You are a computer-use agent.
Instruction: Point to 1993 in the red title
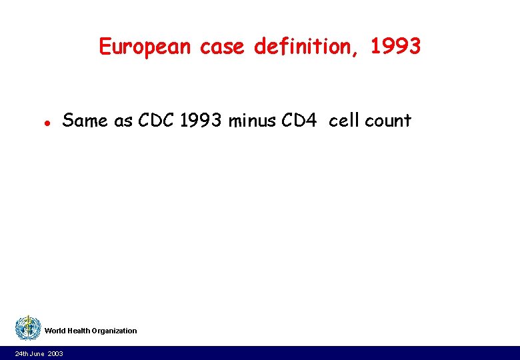pyautogui.click(x=395, y=47)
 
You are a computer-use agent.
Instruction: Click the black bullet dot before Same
pyautogui.click(x=47, y=123)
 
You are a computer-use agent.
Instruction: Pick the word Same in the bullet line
pyautogui.click(x=83, y=121)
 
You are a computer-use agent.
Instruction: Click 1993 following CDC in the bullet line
pyautogui.click(x=202, y=121)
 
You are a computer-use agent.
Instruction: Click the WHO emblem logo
pyautogui.click(x=28, y=328)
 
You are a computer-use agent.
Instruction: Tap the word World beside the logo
pyautogui.click(x=55, y=331)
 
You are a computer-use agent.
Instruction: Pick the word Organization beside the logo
pyautogui.click(x=115, y=331)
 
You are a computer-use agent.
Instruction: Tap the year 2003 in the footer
pyautogui.click(x=55, y=353)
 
